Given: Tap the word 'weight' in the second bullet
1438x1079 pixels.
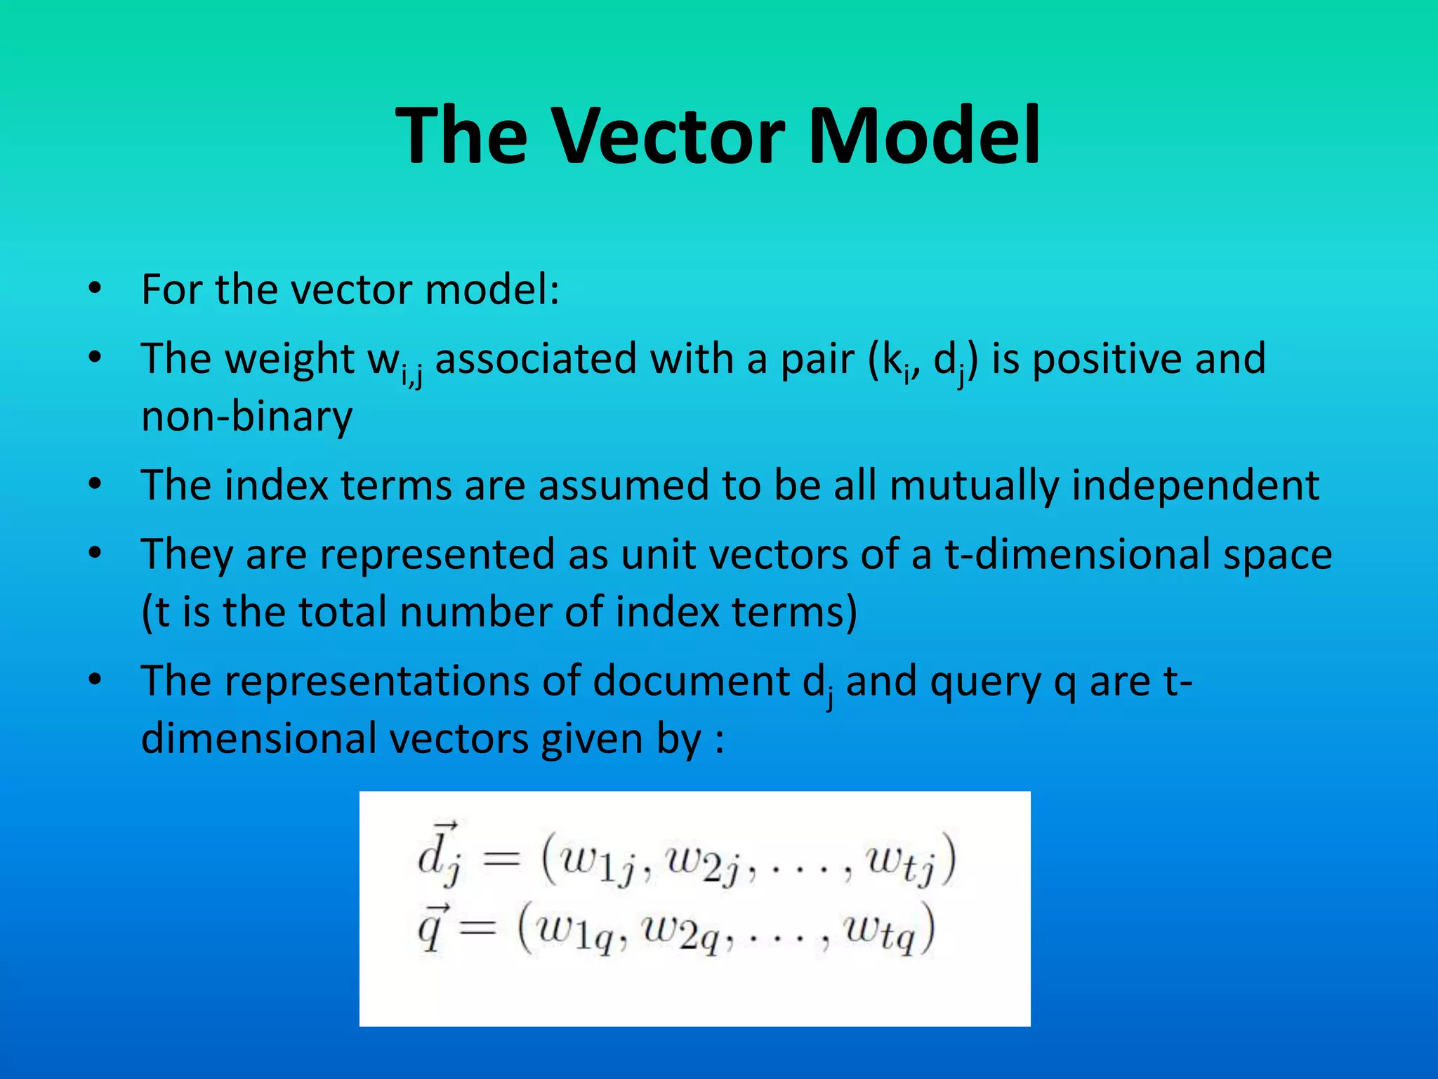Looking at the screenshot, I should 289,359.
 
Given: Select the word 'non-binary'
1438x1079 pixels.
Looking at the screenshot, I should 246,417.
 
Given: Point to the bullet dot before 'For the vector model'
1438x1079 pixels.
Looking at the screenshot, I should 95,289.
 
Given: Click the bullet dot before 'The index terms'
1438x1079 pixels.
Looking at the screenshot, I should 95,485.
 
